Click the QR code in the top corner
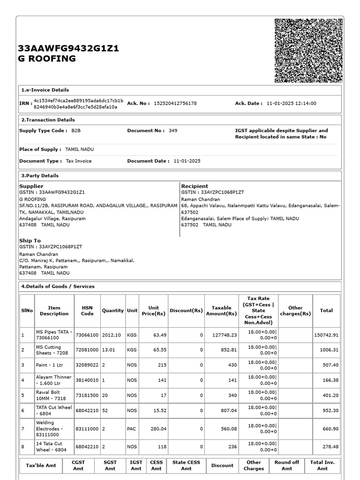(x=308, y=51)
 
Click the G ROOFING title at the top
(x=46, y=59)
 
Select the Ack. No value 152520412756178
(x=175, y=104)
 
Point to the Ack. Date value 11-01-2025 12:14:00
(x=291, y=104)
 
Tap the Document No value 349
(x=173, y=131)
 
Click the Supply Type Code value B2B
(x=76, y=131)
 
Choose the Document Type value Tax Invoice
(x=78, y=161)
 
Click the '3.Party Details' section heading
(x=40, y=176)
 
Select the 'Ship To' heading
(x=30, y=240)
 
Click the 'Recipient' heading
(x=195, y=186)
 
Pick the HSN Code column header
(x=87, y=311)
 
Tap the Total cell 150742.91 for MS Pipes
(x=326, y=335)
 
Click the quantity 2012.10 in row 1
(x=112, y=335)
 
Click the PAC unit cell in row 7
(x=132, y=428)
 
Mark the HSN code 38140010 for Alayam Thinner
(x=87, y=380)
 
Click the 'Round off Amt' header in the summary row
(x=286, y=465)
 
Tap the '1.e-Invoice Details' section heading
(x=45, y=90)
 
